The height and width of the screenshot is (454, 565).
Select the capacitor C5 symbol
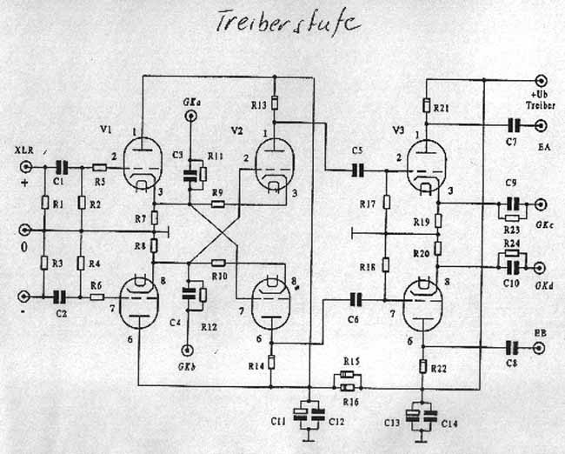356,171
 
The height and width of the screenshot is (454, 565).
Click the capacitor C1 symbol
60,166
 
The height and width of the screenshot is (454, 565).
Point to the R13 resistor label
258,104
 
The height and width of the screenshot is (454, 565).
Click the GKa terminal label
191,103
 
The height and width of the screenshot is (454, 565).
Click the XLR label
24,150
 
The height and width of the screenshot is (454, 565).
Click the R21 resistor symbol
426,105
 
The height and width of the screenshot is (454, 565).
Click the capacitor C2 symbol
60,296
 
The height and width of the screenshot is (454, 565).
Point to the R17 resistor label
366,205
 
